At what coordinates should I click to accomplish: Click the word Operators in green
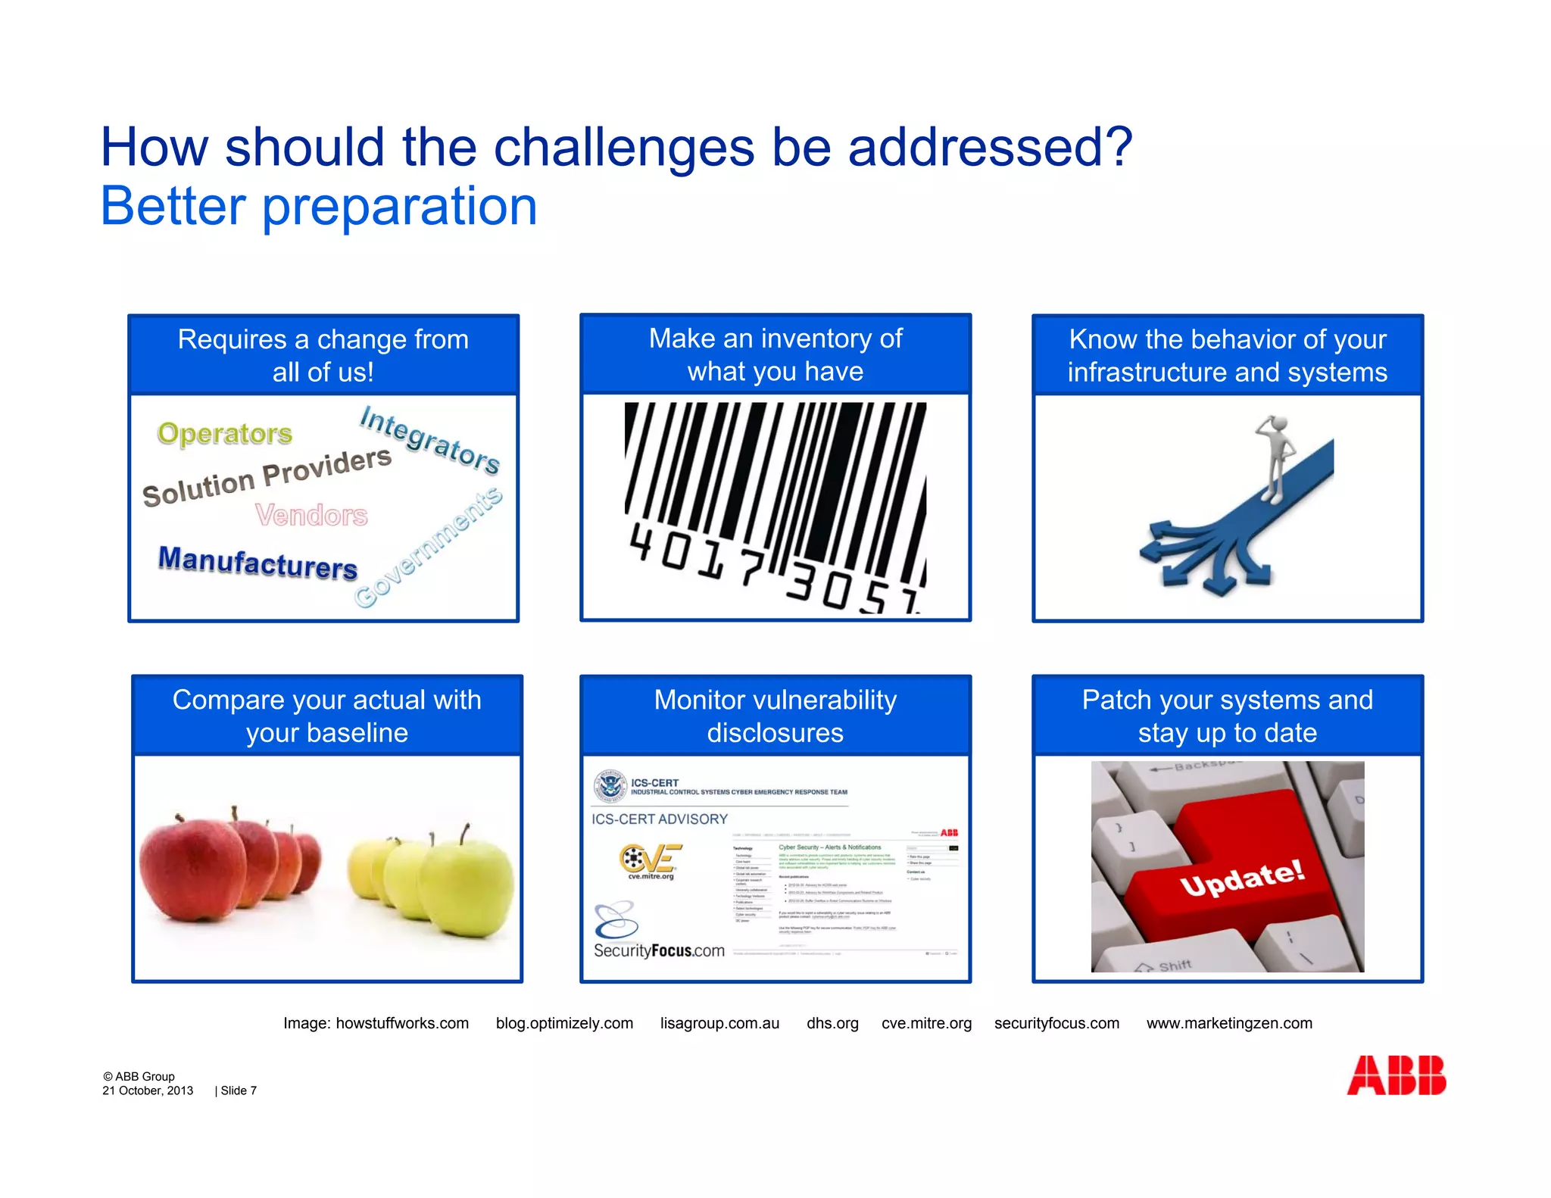[224, 433]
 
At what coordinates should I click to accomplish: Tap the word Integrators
[429, 440]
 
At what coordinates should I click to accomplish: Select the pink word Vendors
[311, 515]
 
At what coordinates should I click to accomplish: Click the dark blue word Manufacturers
[257, 563]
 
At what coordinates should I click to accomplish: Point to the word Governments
[429, 547]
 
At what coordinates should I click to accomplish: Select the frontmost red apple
[193, 871]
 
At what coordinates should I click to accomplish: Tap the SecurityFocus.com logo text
[659, 950]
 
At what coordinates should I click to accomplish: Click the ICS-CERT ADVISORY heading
[659, 819]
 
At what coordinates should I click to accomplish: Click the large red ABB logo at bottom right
[1396, 1075]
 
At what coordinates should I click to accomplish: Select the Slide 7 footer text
[238, 1090]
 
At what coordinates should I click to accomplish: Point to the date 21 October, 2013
[148, 1090]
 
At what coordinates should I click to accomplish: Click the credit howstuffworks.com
[402, 1023]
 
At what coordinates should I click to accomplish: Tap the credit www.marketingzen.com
[1228, 1023]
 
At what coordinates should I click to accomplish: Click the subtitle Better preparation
[319, 206]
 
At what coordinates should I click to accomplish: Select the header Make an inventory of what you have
[775, 354]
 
